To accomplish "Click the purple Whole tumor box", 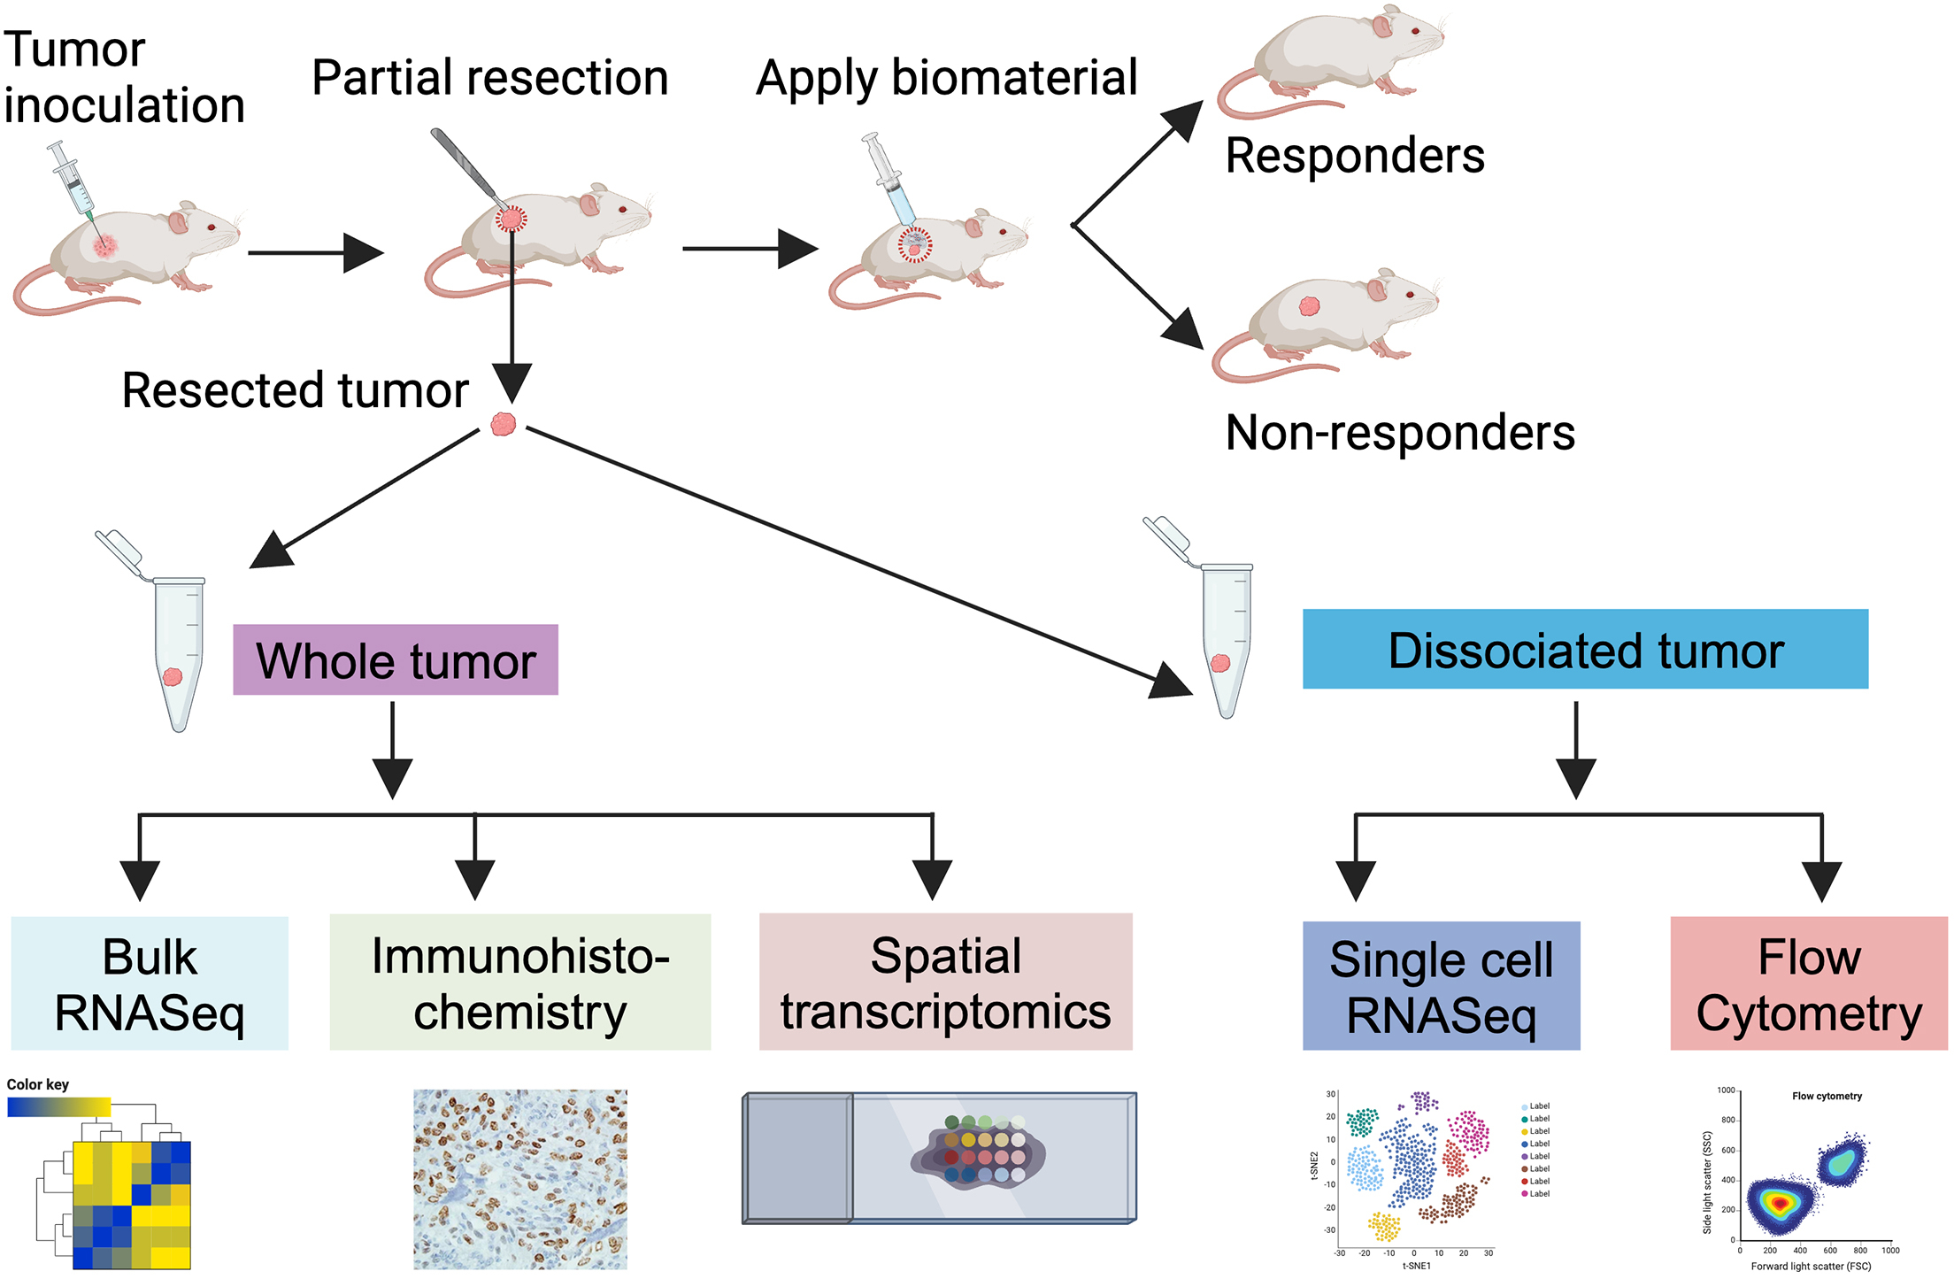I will coord(396,659).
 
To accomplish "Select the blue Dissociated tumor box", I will coord(1584,649).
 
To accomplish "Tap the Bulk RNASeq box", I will coord(150,983).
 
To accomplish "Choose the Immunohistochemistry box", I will coord(519,982).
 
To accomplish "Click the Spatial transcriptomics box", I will coord(945,982).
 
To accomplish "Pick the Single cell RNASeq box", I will coord(1441,986).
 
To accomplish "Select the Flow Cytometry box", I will coord(1808,983).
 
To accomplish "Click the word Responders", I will coord(1354,156).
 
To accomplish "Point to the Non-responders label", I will coord(1399,432).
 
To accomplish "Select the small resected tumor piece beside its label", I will coord(503,424).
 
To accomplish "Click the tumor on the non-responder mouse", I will coord(1309,306).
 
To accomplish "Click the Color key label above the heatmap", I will coord(37,1084).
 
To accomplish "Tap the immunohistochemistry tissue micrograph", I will coord(519,1179).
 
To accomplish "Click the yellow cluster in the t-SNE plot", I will coord(1384,1227).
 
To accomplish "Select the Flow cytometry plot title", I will coord(1827,1096).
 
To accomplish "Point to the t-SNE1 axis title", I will coord(1416,1266).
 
